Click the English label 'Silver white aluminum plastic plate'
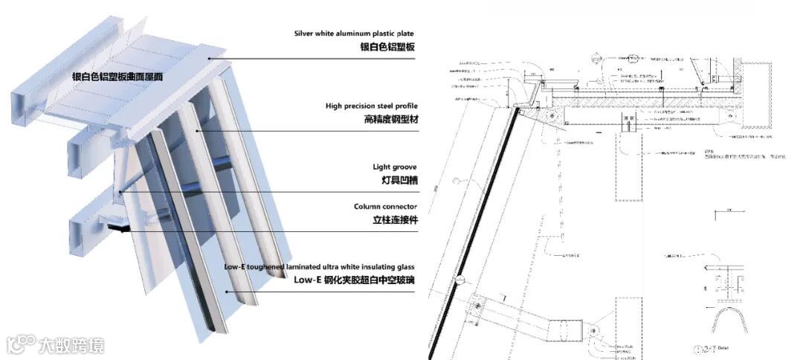point(353,33)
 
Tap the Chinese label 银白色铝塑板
point(387,47)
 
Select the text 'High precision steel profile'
point(370,106)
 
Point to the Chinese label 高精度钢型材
point(389,119)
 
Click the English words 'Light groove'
point(394,167)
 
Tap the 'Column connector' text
point(385,206)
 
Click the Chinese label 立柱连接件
point(393,220)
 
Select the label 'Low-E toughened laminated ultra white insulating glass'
point(319,266)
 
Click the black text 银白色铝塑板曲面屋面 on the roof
point(117,77)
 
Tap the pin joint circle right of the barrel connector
point(594,327)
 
